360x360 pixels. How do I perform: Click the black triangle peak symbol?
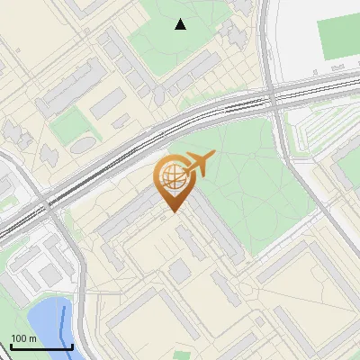[181, 24]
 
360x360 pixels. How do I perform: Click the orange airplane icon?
[200, 163]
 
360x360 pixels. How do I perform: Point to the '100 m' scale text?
[23, 339]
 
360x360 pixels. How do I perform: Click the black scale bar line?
[41, 346]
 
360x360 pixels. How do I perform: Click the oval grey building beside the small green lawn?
[83, 144]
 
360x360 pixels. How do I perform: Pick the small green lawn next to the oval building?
[67, 127]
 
